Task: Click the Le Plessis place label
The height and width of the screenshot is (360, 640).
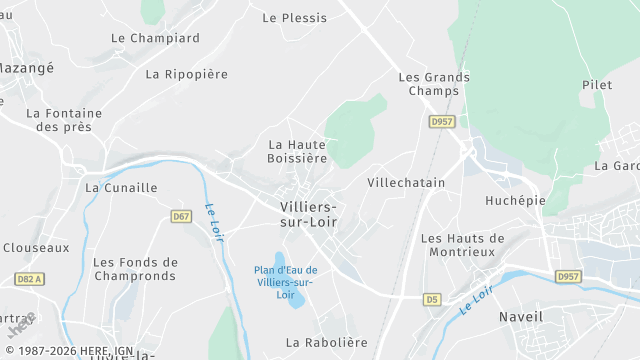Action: click(x=294, y=18)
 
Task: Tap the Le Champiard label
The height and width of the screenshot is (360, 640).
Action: click(x=155, y=38)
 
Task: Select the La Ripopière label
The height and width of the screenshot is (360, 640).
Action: click(x=186, y=74)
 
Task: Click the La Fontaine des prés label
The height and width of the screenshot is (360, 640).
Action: click(x=63, y=120)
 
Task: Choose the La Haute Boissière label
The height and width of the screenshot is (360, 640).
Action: click(x=297, y=151)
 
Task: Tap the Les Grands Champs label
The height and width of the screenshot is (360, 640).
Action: click(x=433, y=84)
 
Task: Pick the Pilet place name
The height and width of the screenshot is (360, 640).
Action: click(x=596, y=86)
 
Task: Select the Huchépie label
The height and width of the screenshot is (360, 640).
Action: click(x=515, y=200)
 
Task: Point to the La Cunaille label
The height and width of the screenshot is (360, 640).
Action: click(x=121, y=187)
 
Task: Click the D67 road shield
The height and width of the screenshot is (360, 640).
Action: click(x=181, y=216)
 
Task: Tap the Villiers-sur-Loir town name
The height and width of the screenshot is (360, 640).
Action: click(x=308, y=213)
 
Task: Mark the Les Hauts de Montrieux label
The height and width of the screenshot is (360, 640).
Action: click(x=463, y=245)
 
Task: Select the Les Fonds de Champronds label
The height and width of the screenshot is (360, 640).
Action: click(x=135, y=270)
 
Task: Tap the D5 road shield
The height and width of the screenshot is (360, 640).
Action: click(x=432, y=299)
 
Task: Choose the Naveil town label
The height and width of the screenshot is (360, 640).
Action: click(x=520, y=317)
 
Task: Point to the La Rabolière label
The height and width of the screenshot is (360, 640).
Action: click(x=326, y=342)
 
